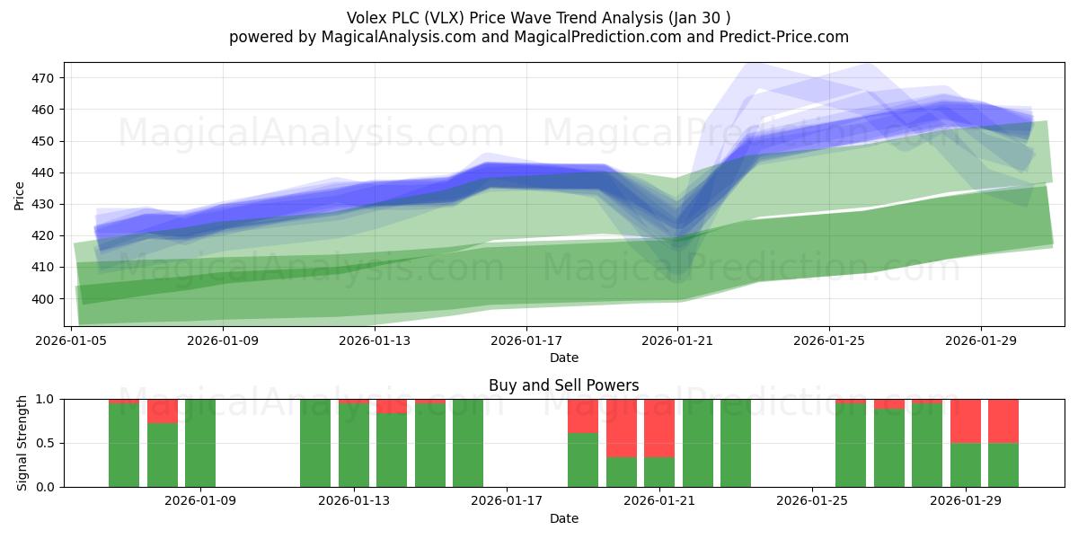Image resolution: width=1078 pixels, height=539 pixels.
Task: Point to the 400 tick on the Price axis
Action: coord(44,298)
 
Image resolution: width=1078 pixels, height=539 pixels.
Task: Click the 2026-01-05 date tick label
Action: coord(72,341)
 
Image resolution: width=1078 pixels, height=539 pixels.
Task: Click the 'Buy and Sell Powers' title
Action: coord(563,385)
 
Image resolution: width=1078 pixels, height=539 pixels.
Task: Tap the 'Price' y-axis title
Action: coord(20,195)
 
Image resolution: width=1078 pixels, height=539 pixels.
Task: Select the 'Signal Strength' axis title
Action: coord(22,443)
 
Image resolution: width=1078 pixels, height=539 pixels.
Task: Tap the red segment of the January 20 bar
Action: coord(622,428)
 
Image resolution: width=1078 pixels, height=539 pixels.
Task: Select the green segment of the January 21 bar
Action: coord(659,472)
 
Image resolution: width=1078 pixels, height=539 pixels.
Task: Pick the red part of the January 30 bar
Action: coord(1003,420)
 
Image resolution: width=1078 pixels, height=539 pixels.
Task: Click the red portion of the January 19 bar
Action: coord(583,416)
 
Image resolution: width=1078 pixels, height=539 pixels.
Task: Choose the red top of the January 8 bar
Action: coord(163,411)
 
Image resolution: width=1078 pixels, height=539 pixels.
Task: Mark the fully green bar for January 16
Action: coord(468,443)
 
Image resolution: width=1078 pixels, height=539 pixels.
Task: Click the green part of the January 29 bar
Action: coord(966,464)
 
